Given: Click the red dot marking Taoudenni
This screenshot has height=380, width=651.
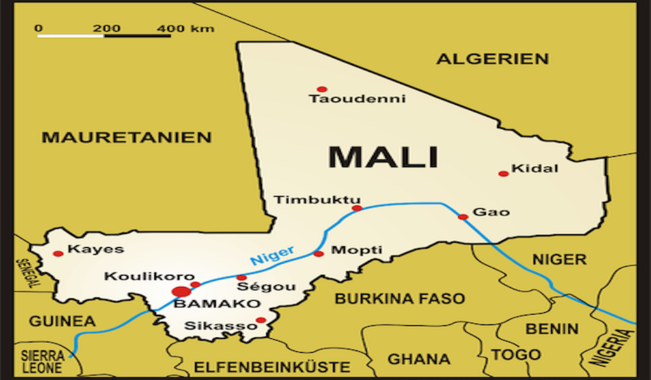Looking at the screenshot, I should [x=322, y=90].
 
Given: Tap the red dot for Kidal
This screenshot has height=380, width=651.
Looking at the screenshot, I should [x=504, y=173].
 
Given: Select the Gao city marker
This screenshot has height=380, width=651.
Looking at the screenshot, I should [x=463, y=217].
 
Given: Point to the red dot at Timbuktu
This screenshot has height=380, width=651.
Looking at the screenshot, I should [x=357, y=208].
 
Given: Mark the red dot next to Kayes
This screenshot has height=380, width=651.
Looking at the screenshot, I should [x=58, y=254].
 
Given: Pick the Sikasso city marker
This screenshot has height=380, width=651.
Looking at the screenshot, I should [x=261, y=320].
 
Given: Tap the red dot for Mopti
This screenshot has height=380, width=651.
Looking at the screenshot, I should [x=319, y=254].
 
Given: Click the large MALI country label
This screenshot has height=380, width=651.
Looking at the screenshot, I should [x=383, y=157].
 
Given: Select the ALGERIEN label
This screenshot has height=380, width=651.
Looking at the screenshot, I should [x=493, y=59].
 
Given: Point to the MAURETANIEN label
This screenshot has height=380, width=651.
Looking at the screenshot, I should [x=127, y=137].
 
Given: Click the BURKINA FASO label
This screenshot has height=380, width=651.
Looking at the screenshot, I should [x=400, y=299].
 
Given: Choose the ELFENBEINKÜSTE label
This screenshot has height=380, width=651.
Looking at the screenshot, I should [x=272, y=367].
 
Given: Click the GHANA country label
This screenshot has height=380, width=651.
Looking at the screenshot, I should [x=418, y=360].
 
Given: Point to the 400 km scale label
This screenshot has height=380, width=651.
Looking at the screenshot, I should [x=186, y=29].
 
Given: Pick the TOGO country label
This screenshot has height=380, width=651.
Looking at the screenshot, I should [x=516, y=355].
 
